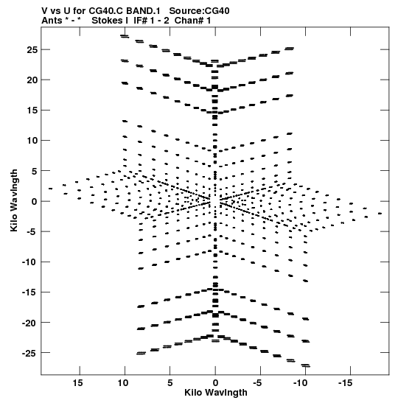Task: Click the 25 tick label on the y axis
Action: [32, 49]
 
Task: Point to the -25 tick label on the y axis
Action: [29, 353]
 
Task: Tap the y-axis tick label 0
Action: [34, 202]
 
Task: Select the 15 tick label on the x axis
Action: [77, 383]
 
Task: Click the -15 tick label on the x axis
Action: [345, 383]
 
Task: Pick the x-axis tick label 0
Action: [215, 383]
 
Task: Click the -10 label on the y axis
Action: [29, 262]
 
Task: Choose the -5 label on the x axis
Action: [257, 383]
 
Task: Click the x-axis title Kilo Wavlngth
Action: [216, 393]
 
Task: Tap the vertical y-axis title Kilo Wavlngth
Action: [14, 200]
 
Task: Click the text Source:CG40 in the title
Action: [199, 11]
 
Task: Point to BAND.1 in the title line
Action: [143, 11]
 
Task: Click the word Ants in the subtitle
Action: [52, 21]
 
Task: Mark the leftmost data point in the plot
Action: [50, 189]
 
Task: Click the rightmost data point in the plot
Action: [380, 214]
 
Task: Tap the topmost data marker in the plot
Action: [125, 36]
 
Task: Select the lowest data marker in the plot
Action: [306, 365]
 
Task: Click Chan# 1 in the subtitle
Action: [192, 21]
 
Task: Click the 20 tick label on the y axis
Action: [32, 80]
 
